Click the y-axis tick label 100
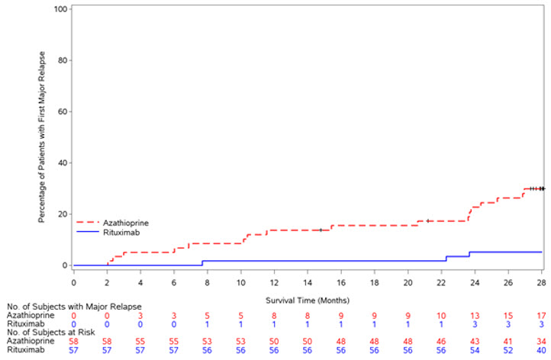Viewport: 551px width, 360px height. coord(60,9)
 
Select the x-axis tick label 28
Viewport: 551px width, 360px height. coord(541,282)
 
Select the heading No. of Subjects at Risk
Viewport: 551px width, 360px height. coord(54,333)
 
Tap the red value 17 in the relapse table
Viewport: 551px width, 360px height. coord(541,315)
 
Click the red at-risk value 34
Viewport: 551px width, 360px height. coord(541,342)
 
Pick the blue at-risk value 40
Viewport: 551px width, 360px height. coord(541,352)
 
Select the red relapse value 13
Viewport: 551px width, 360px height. coord(475,315)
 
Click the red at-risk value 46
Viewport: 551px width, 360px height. coord(441,342)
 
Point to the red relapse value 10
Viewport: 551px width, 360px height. coord(441,315)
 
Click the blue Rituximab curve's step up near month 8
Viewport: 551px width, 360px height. coord(202,263)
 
